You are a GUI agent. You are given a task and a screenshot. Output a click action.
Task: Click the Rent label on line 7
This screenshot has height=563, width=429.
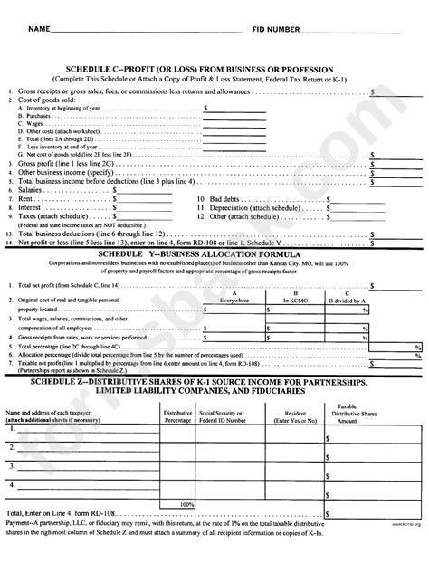pos(27,199)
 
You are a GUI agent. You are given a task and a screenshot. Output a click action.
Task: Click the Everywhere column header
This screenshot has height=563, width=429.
pos(234,301)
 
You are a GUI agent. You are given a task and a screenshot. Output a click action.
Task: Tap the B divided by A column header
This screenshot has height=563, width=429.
pos(345,301)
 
